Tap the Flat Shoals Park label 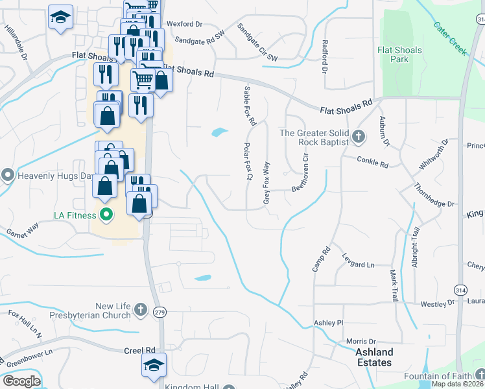[399, 54]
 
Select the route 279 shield [160, 312]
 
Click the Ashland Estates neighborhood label [374, 357]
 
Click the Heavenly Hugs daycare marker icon [8, 175]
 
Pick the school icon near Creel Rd [154, 365]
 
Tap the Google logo [21, 381]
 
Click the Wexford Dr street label [185, 24]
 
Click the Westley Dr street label [438, 303]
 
